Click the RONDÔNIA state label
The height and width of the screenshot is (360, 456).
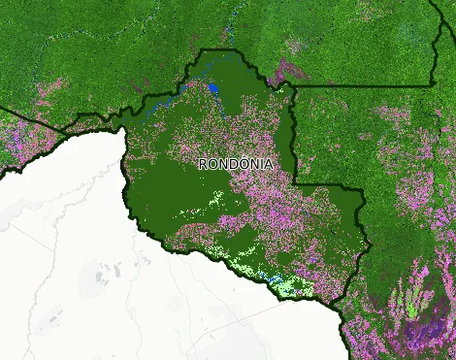(x=236, y=165)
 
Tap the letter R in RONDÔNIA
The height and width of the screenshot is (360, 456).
(x=203, y=165)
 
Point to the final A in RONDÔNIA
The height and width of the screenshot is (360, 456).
(x=268, y=165)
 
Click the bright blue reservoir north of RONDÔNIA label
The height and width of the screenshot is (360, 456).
(x=213, y=88)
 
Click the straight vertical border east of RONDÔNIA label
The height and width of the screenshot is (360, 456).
(x=295, y=136)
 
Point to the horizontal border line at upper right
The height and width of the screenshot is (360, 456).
(x=369, y=86)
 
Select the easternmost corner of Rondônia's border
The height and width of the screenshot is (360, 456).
(x=365, y=192)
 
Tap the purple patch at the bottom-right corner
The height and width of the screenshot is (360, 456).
(x=427, y=335)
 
